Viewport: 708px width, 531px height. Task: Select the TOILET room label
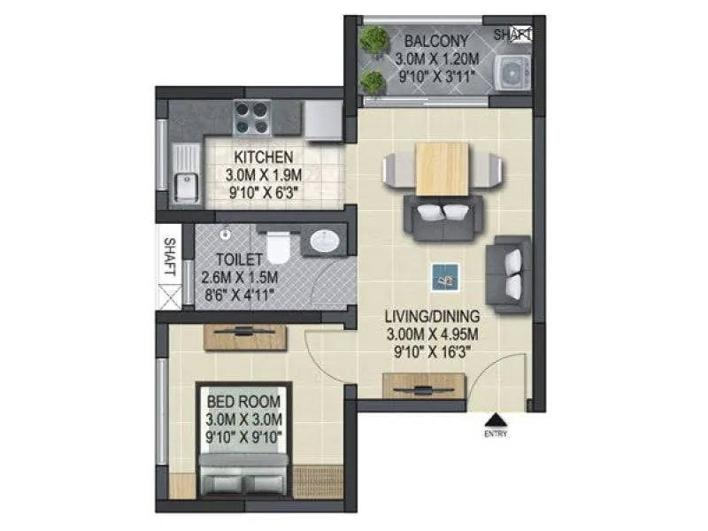pyautogui.click(x=238, y=259)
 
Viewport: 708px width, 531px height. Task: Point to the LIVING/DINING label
pyautogui.click(x=432, y=316)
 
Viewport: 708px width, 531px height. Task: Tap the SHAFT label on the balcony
pyautogui.click(x=512, y=35)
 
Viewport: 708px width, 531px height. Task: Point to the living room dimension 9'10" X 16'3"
pyautogui.click(x=433, y=350)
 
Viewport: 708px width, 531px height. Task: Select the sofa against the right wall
pyautogui.click(x=512, y=273)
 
